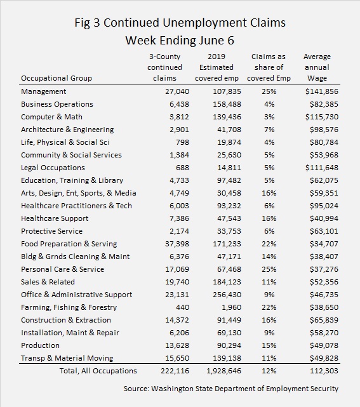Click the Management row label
[43, 91]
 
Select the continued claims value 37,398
[177, 244]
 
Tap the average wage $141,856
[322, 91]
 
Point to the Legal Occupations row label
[53, 168]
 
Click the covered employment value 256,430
[227, 295]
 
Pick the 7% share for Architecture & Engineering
[269, 130]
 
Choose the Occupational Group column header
[57, 78]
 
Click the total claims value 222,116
[175, 371]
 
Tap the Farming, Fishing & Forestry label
[69, 307]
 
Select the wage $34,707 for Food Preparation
[324, 244]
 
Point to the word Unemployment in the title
[204, 23]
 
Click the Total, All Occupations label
[98, 371]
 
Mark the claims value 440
[182, 307]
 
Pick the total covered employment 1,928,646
[223, 371]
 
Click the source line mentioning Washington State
[231, 389]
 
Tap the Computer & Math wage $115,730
[322, 117]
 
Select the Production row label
[40, 345]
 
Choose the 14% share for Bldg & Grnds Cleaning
[269, 257]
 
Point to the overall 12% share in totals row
[269, 371]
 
